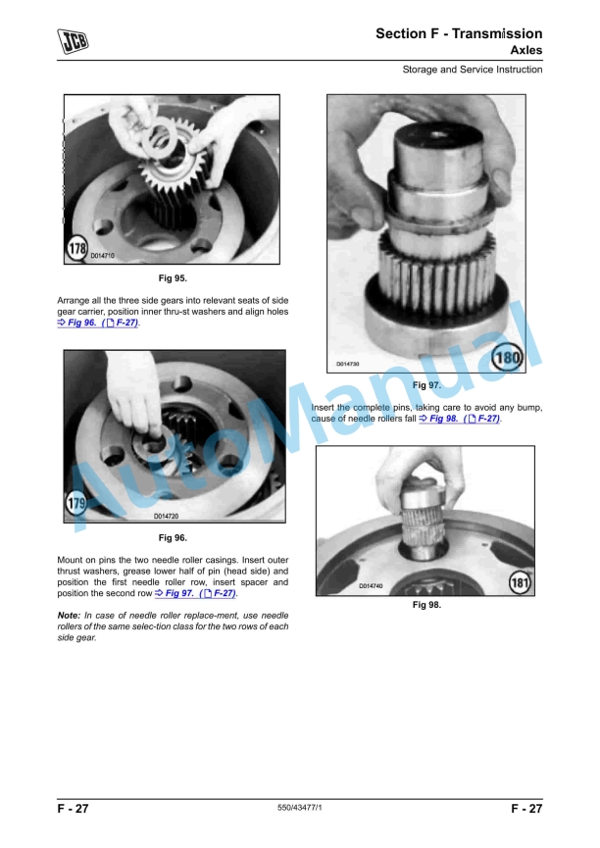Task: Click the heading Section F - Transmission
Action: [x=459, y=33]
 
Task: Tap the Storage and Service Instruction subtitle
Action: [x=472, y=70]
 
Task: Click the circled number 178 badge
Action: [x=77, y=250]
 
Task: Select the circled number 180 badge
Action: [x=508, y=357]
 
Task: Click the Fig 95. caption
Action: [x=173, y=278]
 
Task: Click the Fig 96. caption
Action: [x=173, y=537]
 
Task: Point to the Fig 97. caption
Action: [x=427, y=385]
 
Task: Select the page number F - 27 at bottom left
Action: [x=74, y=809]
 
